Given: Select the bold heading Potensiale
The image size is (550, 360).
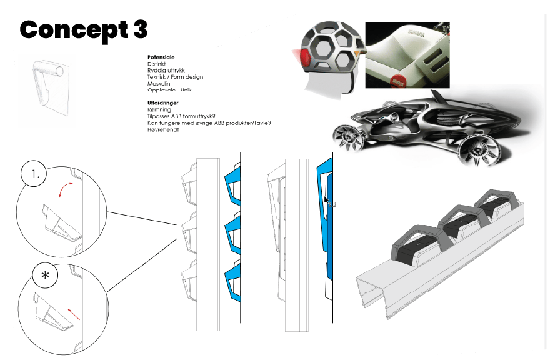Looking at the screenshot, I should pos(161,57).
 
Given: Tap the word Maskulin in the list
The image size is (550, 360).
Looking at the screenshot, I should pos(159,84).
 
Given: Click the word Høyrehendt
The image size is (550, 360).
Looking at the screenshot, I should pos(163,129).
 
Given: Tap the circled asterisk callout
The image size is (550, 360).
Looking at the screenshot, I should pos(46,276).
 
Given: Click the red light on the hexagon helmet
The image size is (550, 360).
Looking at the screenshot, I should pos(306,60).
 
